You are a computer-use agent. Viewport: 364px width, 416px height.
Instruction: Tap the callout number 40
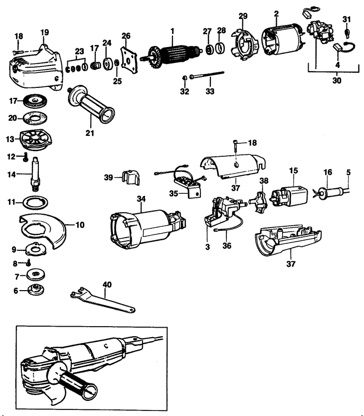pos(107,284)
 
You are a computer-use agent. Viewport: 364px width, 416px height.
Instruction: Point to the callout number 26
pos(126,36)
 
